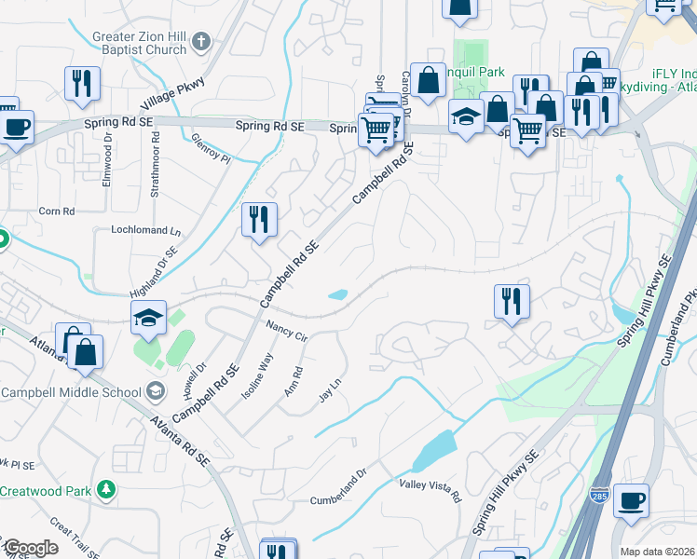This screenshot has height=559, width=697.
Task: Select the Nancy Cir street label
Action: click(x=286, y=331)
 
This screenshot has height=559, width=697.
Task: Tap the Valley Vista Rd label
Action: click(x=430, y=490)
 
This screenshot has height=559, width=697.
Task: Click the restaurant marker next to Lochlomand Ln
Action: click(x=259, y=220)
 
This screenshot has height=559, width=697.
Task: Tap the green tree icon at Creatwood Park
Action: click(x=107, y=489)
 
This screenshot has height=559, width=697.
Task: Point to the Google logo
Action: click(x=31, y=548)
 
